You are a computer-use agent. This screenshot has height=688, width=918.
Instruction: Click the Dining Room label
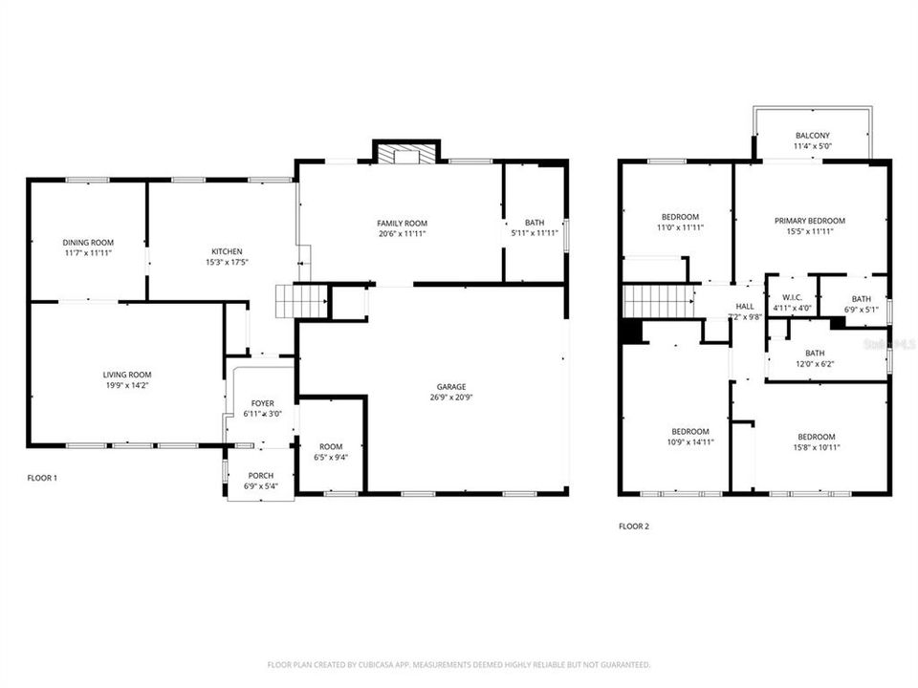(x=88, y=243)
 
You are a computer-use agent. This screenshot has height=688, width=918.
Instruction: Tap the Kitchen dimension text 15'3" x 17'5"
(x=221, y=262)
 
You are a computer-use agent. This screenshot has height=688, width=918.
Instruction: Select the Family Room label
(x=401, y=223)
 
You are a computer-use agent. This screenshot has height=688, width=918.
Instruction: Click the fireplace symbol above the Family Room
(x=405, y=154)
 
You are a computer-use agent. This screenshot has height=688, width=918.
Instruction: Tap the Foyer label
(x=262, y=403)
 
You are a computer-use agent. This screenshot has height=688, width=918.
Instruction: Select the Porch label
(x=260, y=476)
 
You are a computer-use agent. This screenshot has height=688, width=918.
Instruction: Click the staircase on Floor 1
(x=288, y=301)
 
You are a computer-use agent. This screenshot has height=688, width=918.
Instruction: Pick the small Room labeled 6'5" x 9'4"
(x=331, y=446)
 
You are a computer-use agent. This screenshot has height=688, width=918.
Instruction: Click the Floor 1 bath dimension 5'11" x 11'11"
(x=534, y=232)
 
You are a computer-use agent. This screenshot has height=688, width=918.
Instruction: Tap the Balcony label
(x=813, y=136)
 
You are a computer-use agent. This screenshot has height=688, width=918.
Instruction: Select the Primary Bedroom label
(x=809, y=221)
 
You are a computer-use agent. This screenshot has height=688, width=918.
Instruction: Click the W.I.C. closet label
(x=791, y=297)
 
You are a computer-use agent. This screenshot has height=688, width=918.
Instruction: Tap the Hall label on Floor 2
(x=744, y=307)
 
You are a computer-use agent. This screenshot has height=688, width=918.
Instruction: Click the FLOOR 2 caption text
(x=633, y=526)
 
